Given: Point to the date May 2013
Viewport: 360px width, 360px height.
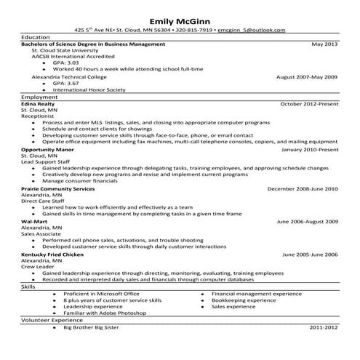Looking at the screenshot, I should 325,44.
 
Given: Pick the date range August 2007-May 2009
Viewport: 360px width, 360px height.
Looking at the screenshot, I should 308,76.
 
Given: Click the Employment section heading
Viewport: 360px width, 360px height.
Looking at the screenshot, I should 40,97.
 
